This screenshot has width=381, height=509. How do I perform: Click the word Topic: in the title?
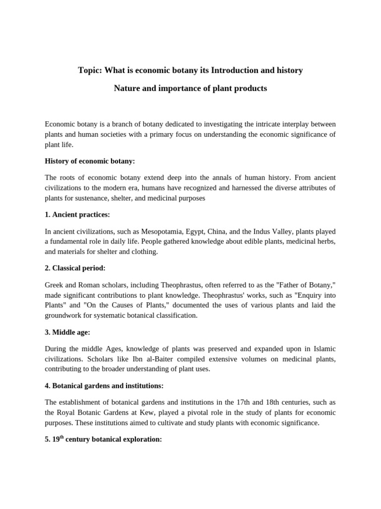coord(89,71)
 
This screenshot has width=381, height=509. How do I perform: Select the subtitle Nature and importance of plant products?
coord(190,88)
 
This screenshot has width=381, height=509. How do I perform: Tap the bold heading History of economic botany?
coord(90,161)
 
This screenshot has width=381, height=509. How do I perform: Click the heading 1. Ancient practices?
coord(77,215)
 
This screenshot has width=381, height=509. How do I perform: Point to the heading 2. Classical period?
coord(75,268)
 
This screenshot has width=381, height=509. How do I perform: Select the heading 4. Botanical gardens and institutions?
coord(104,386)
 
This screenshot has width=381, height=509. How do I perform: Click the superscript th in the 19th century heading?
coord(62,437)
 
